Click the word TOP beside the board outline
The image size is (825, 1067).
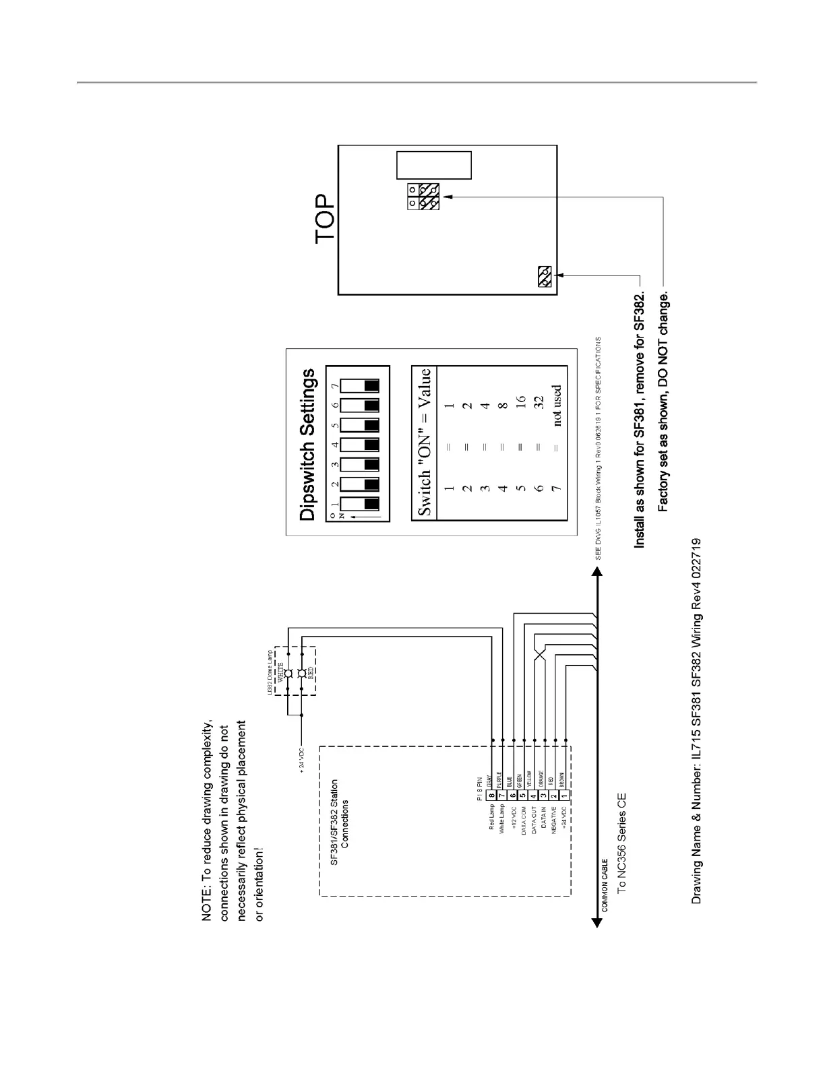pyautogui.click(x=324, y=220)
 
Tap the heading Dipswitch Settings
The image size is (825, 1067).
pyautogui.click(x=307, y=445)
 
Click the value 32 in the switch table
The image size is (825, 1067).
pyautogui.click(x=539, y=404)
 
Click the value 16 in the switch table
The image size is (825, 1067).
pyautogui.click(x=520, y=404)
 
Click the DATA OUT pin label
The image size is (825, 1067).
pyautogui.click(x=534, y=820)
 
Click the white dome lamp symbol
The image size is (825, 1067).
pyautogui.click(x=288, y=674)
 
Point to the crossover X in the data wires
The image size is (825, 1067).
pyautogui.click(x=539, y=655)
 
